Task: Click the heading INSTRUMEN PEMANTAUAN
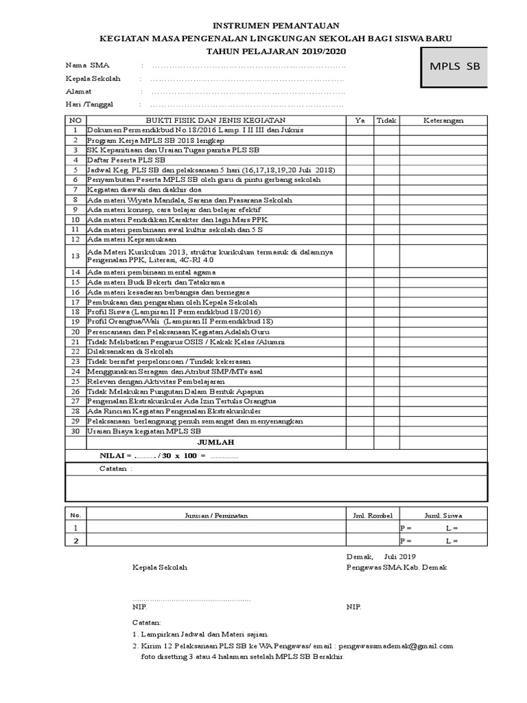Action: [x=263, y=25]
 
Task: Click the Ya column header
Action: [x=360, y=120]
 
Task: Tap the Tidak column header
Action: [x=386, y=120]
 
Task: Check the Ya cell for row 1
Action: [x=360, y=130]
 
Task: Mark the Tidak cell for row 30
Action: [x=386, y=431]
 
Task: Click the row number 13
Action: [x=75, y=255]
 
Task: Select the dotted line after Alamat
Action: [x=247, y=91]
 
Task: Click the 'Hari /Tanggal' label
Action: [x=89, y=104]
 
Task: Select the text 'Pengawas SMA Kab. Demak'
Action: [x=386, y=568]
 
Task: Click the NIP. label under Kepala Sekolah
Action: [x=139, y=607]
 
